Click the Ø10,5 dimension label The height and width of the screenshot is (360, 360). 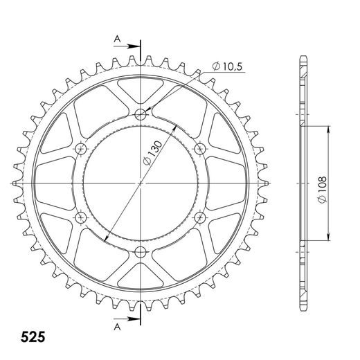[x=227, y=66]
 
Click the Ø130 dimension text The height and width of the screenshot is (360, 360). [x=152, y=153]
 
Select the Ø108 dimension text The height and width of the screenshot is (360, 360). [x=322, y=190]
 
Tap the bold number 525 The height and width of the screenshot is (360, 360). [x=33, y=337]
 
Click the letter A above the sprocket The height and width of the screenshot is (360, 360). [x=117, y=39]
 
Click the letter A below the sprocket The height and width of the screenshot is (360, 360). [x=117, y=327]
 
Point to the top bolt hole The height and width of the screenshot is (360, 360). [x=141, y=114]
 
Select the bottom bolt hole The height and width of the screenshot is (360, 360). [x=141, y=252]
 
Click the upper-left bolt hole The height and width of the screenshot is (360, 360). [x=81, y=149]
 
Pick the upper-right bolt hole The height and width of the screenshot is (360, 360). [x=200, y=149]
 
